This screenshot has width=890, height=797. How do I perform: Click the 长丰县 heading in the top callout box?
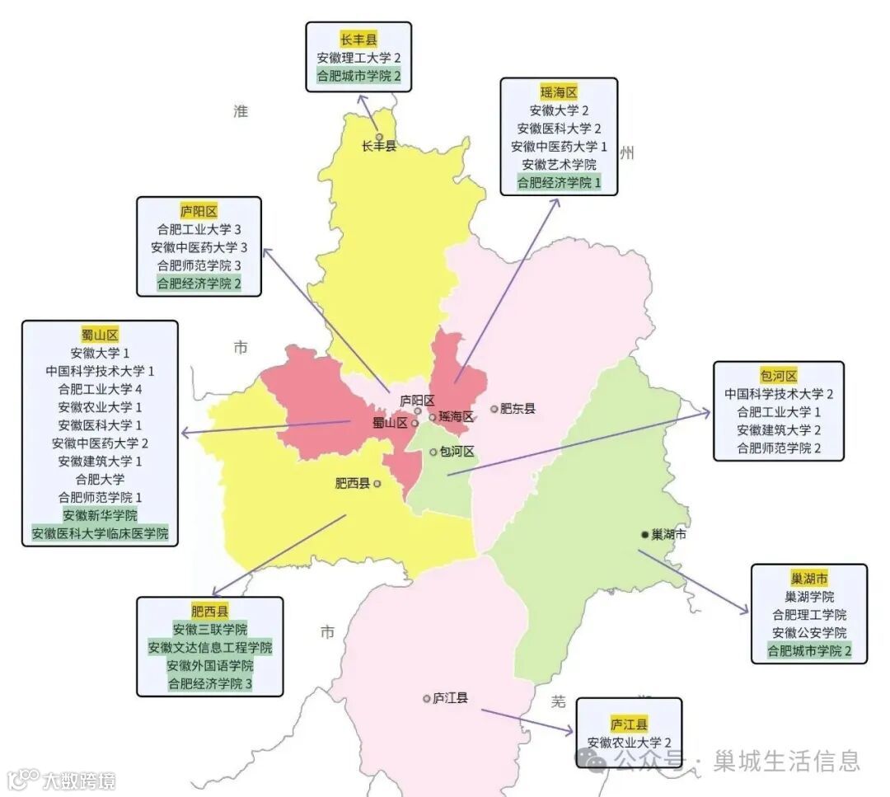click(x=358, y=40)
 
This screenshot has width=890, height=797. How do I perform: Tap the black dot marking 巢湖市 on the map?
click(x=644, y=534)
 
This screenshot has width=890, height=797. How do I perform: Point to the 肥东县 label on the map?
click(x=518, y=408)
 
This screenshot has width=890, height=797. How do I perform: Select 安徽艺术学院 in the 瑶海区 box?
click(x=559, y=165)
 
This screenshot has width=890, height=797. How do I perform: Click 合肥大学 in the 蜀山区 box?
click(x=100, y=479)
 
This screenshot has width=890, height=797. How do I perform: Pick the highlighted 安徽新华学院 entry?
click(x=100, y=515)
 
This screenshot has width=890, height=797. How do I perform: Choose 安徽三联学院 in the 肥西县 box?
click(x=209, y=630)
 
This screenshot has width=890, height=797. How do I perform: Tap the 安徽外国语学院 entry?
click(x=209, y=666)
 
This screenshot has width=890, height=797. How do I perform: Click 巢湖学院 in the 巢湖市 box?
click(x=808, y=597)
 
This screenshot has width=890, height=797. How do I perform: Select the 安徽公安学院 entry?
click(x=808, y=633)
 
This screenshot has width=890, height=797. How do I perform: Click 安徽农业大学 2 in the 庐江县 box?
click(x=629, y=743)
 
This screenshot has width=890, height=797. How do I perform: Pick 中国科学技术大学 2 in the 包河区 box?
click(x=779, y=394)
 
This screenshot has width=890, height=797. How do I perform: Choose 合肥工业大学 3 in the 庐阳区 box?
click(x=199, y=229)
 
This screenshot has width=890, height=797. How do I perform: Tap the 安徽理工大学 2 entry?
click(x=358, y=58)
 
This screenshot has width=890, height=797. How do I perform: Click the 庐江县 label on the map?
click(x=450, y=698)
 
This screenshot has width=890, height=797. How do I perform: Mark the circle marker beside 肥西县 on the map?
click(x=377, y=484)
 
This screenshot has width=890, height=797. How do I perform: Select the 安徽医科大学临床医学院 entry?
click(x=100, y=533)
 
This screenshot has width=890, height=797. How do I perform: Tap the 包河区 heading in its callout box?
click(x=779, y=376)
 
